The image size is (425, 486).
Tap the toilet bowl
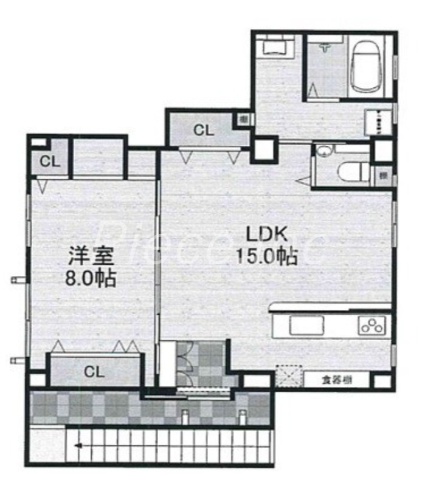[x=353, y=171]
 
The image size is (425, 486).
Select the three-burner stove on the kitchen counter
[x=372, y=326]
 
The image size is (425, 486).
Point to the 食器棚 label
[x=336, y=381]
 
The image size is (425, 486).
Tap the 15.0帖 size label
[x=267, y=257]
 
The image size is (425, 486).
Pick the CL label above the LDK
[x=203, y=129]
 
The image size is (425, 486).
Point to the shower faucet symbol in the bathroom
[x=326, y=46]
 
